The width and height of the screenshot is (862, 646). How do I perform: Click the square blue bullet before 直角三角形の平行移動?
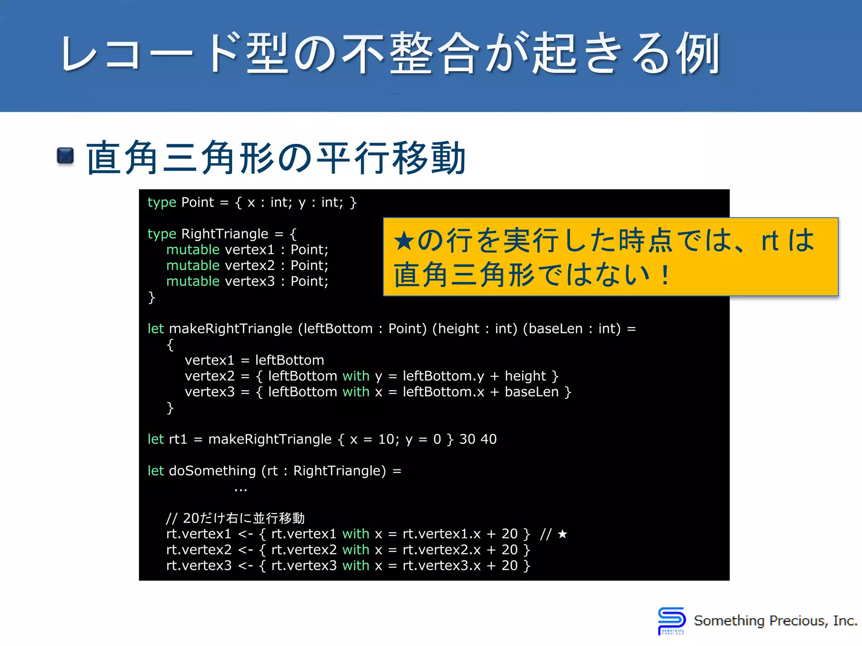pyautogui.click(x=65, y=156)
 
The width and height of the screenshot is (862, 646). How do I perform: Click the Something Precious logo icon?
pyautogui.click(x=671, y=621)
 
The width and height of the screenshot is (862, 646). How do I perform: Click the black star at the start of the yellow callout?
pyautogui.click(x=404, y=241)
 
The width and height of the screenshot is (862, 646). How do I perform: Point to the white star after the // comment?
pyautogui.click(x=562, y=534)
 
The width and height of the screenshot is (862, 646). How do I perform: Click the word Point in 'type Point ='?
pyautogui.click(x=197, y=203)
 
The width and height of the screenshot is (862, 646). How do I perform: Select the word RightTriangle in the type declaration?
pyautogui.click(x=224, y=234)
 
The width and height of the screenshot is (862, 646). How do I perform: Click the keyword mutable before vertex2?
pyautogui.click(x=193, y=265)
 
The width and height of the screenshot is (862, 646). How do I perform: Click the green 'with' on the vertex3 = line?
pyautogui.click(x=356, y=392)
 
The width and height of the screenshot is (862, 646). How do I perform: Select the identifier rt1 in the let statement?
pyautogui.click(x=178, y=439)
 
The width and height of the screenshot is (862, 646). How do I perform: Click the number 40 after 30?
pyautogui.click(x=488, y=439)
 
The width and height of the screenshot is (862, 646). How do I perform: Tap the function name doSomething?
pyautogui.click(x=212, y=471)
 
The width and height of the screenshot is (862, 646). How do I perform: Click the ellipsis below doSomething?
pyautogui.click(x=241, y=490)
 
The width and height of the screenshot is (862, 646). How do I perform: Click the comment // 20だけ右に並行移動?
pyautogui.click(x=235, y=518)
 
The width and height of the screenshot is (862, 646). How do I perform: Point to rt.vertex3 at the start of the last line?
pyautogui.click(x=199, y=566)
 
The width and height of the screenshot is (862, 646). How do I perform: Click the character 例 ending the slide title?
pyautogui.click(x=698, y=54)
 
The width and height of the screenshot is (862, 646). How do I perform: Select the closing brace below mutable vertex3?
pyautogui.click(x=152, y=297)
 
